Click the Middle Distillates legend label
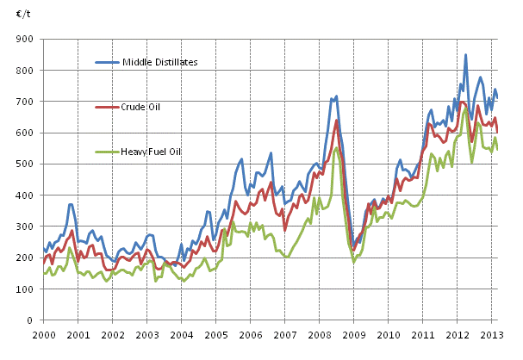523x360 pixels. [x=160, y=63]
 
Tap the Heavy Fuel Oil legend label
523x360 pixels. [x=151, y=152]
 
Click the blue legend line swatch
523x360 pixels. [x=107, y=63]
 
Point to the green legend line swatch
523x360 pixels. [x=107, y=152]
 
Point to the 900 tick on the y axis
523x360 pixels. [x=26, y=40]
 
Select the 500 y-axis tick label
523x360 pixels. [x=26, y=164]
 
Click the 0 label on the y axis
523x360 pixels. [x=32, y=320]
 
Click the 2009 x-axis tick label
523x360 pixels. [x=352, y=333]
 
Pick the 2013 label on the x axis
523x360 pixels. [x=490, y=333]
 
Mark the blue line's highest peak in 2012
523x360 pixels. [x=466, y=55]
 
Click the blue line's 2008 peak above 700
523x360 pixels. [x=336, y=96]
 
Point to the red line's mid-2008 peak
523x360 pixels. [x=337, y=120]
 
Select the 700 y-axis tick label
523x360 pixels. [x=26, y=102]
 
